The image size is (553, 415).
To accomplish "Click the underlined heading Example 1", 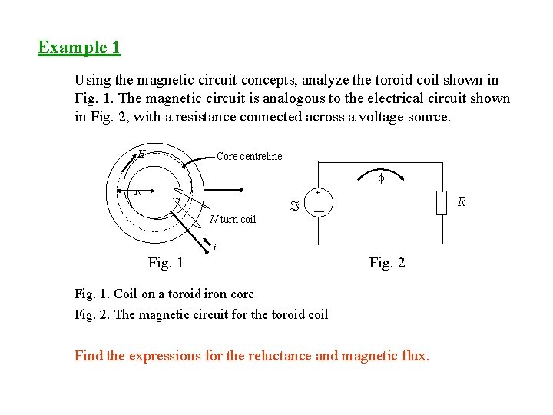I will (79, 48).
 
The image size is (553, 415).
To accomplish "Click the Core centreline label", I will (249, 157).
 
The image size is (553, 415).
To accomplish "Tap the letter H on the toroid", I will (142, 153).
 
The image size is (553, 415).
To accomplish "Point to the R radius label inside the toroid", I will (137, 191).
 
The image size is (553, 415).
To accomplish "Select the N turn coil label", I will (233, 220).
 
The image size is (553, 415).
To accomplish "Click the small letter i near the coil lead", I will (214, 247).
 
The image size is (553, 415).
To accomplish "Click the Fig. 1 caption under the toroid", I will (165, 263).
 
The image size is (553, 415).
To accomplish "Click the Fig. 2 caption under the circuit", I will (386, 263).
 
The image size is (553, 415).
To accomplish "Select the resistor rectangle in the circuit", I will (441, 203).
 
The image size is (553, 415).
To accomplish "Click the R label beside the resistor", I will (461, 202).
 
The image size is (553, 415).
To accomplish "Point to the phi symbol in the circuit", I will (379, 178).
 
